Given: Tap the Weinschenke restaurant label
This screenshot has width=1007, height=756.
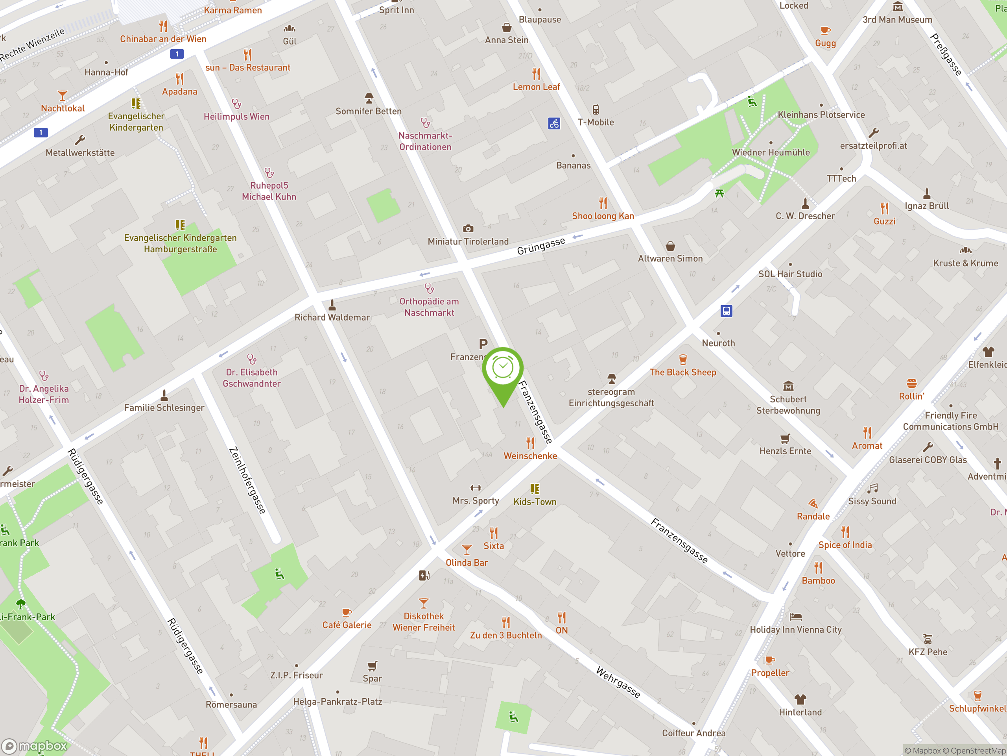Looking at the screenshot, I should [x=530, y=456].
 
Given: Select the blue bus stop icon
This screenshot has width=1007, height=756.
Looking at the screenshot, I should [x=726, y=311].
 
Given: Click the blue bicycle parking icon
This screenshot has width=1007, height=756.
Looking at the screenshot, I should [x=554, y=124].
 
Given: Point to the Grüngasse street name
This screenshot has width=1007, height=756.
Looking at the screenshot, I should [x=541, y=246].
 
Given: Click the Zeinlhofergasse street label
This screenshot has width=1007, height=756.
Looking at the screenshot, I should [x=247, y=480].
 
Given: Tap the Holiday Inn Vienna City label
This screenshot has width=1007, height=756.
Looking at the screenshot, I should [x=795, y=629].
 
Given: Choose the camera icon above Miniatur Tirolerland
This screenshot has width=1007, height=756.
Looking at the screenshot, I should [x=468, y=229].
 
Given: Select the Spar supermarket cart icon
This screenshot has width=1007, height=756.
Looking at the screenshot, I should [x=373, y=666].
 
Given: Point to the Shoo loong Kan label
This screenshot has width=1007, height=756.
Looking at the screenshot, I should [x=603, y=216].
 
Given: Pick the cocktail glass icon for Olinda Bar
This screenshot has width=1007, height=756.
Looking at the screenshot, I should [x=467, y=549].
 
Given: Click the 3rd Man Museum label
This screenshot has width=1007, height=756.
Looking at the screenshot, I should [x=897, y=20].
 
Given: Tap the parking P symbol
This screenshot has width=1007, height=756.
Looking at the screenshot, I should [x=483, y=344].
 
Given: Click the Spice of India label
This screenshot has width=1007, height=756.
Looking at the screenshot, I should [x=845, y=545].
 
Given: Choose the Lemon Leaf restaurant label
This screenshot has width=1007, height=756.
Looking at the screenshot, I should [x=536, y=87].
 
